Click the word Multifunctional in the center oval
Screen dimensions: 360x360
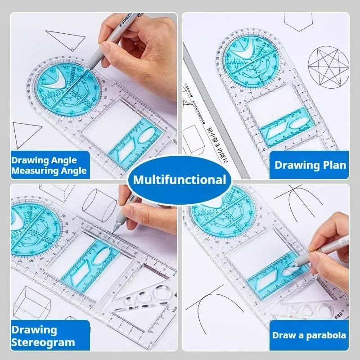[180, 180]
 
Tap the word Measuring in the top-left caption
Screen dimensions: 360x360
[30, 171]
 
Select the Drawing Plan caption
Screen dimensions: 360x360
[310, 165]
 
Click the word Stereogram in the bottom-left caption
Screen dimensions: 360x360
[43, 342]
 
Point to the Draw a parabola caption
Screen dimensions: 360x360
[309, 335]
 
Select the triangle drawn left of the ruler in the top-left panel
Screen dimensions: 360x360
[27, 135]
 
